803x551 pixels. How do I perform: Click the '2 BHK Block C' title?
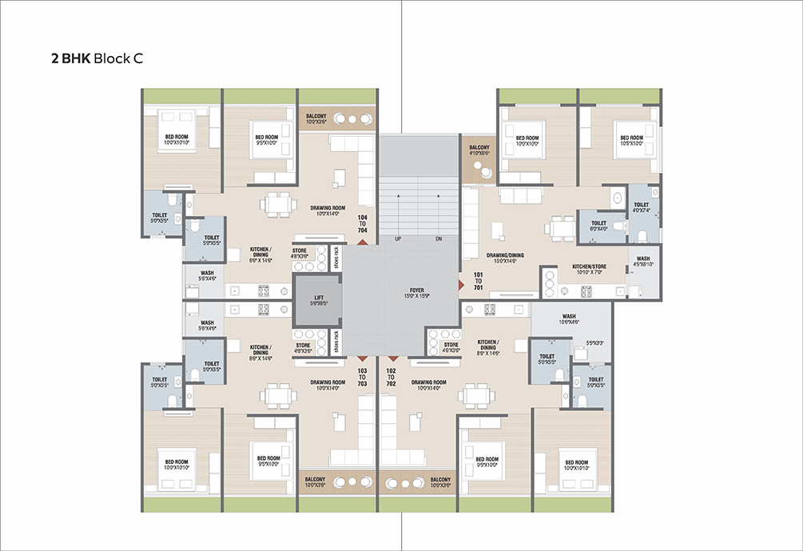click(97, 58)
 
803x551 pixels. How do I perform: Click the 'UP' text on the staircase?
click(397, 239)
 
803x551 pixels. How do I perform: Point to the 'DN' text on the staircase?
click(439, 239)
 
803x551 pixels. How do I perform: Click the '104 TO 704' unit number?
click(362, 223)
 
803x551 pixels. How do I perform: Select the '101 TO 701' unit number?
click(478, 281)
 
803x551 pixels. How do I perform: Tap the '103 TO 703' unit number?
click(362, 377)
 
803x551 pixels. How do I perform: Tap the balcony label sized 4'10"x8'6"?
click(479, 151)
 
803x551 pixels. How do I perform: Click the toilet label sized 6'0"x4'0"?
click(598, 226)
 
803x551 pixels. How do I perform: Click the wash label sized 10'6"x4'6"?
click(569, 318)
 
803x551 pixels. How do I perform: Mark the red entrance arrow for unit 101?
click(461, 284)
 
